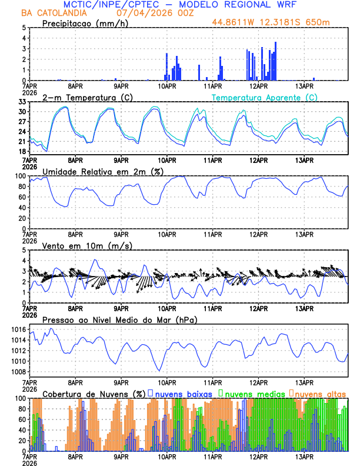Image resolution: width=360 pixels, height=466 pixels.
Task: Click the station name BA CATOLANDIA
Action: click(51, 12)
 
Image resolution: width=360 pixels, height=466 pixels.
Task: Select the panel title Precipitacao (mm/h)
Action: click(85, 23)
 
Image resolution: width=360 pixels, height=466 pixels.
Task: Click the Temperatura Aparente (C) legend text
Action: click(265, 97)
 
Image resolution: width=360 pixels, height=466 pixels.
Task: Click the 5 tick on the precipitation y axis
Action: click(24, 28)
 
